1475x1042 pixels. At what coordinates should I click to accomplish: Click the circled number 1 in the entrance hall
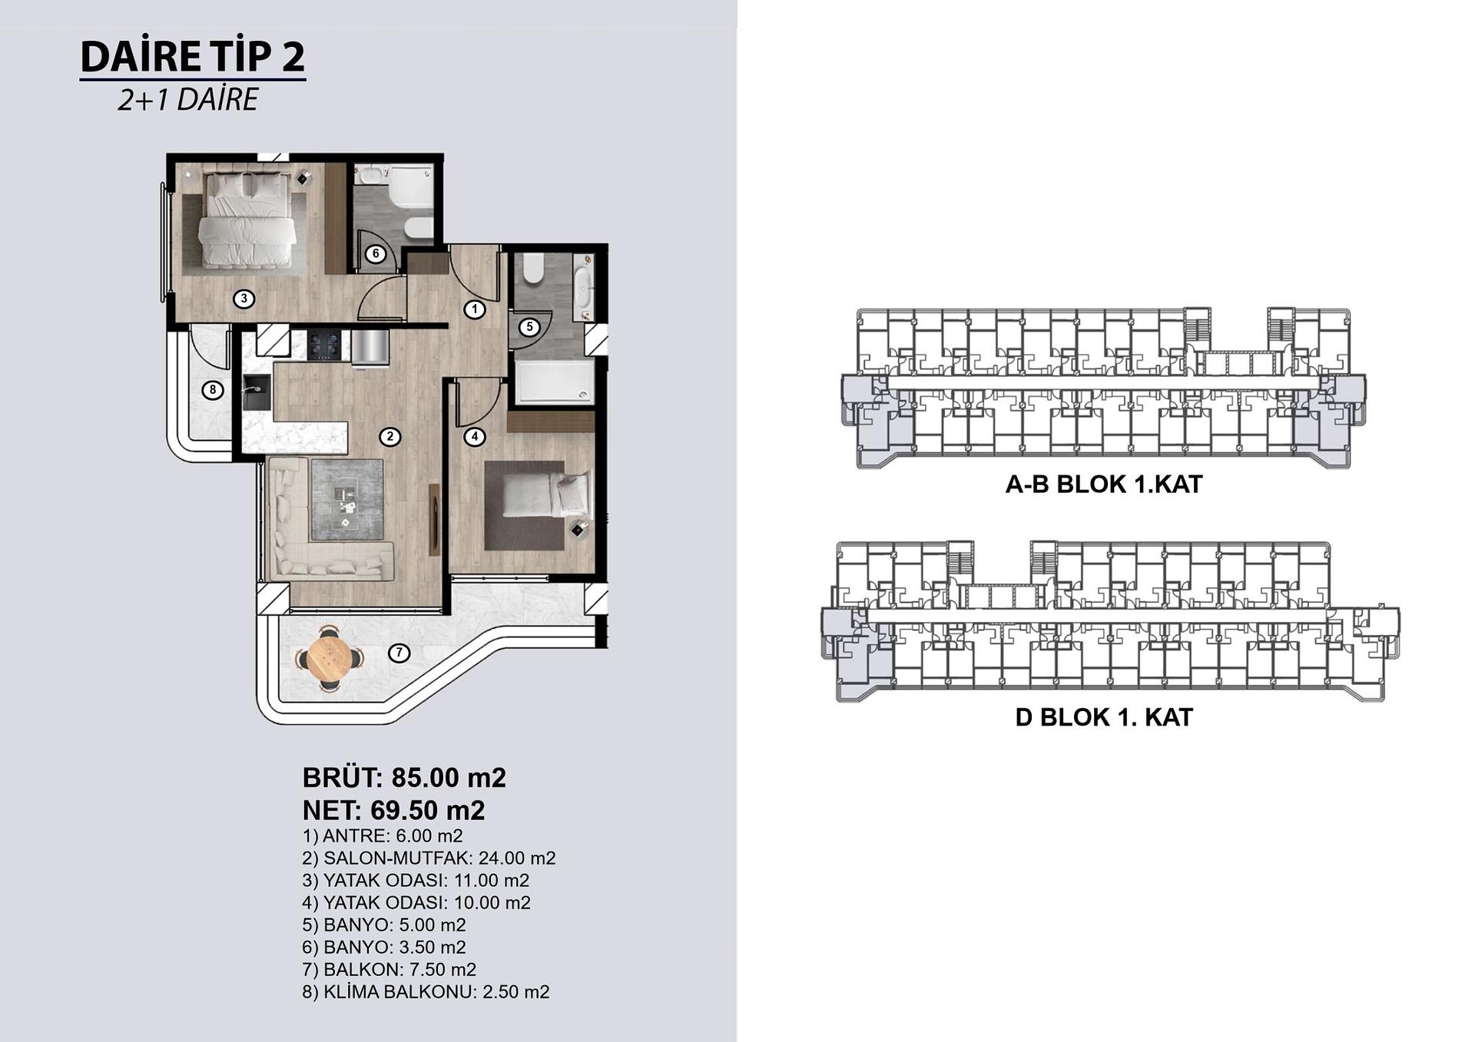tap(475, 309)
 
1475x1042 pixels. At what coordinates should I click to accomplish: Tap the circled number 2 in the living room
tap(390, 437)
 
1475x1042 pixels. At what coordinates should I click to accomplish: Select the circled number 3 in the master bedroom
tap(244, 299)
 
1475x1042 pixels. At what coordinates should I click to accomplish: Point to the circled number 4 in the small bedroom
tap(475, 437)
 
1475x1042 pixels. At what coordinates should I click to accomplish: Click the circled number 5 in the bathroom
tap(529, 327)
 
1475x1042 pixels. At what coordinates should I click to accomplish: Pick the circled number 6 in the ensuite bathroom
tap(376, 253)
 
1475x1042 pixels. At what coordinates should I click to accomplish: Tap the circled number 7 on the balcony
tap(399, 653)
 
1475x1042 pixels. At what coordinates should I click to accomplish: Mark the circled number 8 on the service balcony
tap(213, 390)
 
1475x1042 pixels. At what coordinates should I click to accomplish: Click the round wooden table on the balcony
tap(330, 659)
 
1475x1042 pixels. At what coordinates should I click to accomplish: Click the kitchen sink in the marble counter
tap(255, 393)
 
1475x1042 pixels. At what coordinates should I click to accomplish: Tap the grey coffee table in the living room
tap(347, 500)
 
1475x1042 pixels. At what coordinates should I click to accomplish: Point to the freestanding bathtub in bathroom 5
tap(584, 289)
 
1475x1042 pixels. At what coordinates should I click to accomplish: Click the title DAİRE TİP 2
tap(193, 57)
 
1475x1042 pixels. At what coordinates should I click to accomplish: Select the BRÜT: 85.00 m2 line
tap(404, 778)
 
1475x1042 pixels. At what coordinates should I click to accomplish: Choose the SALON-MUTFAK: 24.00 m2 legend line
tap(429, 858)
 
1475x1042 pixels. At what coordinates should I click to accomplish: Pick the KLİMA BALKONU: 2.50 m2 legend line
tap(426, 992)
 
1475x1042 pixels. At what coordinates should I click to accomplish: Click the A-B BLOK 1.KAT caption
tap(1104, 485)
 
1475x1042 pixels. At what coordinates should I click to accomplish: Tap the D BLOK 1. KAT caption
tap(1104, 717)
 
